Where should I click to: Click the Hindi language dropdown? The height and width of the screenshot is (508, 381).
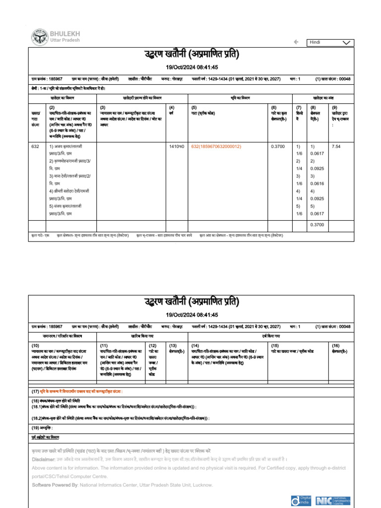pos(331,43)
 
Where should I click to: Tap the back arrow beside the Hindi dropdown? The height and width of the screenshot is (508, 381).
pos(296,42)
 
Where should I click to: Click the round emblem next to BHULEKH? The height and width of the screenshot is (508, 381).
pos(39,36)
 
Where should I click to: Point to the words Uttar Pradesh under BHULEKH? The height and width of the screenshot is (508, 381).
pos(65,40)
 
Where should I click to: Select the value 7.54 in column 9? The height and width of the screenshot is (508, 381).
pos(336,147)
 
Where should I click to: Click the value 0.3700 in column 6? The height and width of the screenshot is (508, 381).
pos(278,147)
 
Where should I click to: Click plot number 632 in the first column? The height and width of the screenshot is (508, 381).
pos(35,147)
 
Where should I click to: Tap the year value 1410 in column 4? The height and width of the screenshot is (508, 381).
pos(176,147)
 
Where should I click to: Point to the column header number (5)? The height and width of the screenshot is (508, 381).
pos(195,107)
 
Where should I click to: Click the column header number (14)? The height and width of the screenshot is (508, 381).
pos(195,345)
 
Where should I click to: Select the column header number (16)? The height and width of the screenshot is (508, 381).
pos(335,345)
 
